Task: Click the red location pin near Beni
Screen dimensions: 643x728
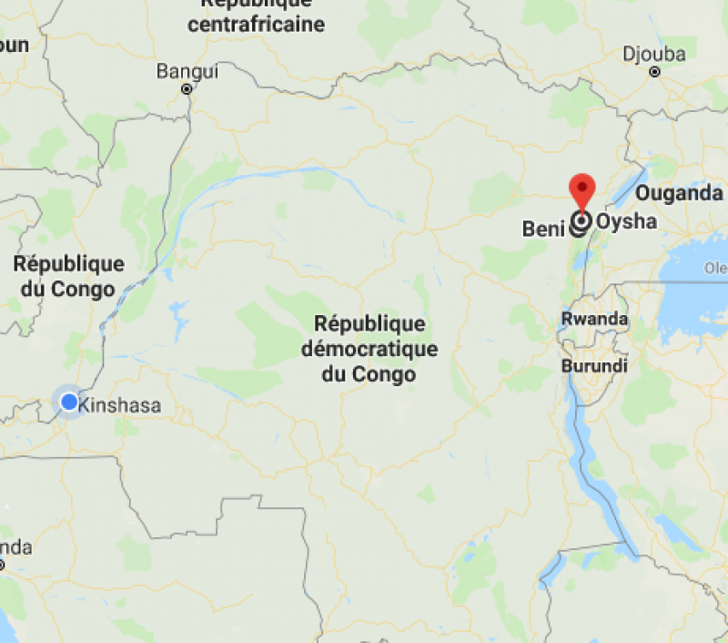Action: [581, 189]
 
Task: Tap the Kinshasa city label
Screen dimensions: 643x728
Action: [120, 405]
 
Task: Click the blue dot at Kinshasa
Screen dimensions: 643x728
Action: [69, 402]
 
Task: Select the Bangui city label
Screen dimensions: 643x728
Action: [187, 71]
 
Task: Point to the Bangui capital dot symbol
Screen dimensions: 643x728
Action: [187, 89]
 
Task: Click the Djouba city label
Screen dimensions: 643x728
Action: [654, 55]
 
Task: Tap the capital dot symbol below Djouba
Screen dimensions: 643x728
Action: [654, 72]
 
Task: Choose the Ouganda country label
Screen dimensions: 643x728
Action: [678, 193]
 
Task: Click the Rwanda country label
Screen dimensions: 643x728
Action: [594, 319]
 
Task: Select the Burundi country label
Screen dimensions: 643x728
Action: [594, 365]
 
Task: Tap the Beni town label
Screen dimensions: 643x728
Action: [543, 229]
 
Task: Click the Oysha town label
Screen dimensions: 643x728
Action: [626, 221]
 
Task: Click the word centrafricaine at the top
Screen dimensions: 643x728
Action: [257, 25]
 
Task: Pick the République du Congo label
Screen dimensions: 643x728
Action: [68, 276]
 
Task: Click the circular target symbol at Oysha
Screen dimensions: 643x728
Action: [581, 221]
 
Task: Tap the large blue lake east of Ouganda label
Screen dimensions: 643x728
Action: [696, 291]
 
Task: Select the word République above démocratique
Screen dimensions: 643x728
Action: [369, 324]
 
